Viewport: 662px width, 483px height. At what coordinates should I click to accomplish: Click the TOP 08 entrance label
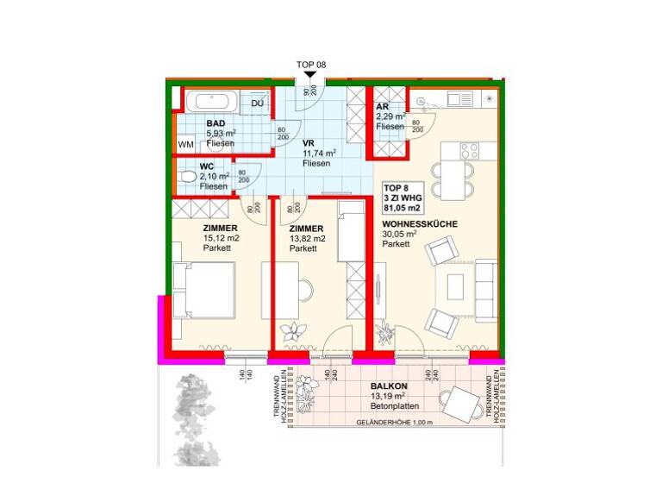(311, 65)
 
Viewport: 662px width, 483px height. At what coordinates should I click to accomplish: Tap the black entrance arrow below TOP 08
(311, 77)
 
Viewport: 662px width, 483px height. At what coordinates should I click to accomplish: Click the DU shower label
(257, 103)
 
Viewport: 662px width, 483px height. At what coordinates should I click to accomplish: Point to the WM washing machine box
(185, 145)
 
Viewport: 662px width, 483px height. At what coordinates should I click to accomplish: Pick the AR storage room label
(383, 107)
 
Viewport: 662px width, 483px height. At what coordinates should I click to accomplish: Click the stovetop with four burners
(470, 150)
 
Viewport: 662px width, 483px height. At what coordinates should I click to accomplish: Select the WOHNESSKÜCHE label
(420, 223)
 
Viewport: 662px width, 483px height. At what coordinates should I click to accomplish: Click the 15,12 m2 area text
(221, 239)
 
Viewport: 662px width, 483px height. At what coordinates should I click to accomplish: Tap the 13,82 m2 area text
(307, 239)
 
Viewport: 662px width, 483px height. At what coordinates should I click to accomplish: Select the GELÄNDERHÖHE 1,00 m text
(393, 423)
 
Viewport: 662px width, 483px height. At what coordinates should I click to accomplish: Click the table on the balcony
(464, 403)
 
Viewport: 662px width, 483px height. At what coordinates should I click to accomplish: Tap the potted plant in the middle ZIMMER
(297, 330)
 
